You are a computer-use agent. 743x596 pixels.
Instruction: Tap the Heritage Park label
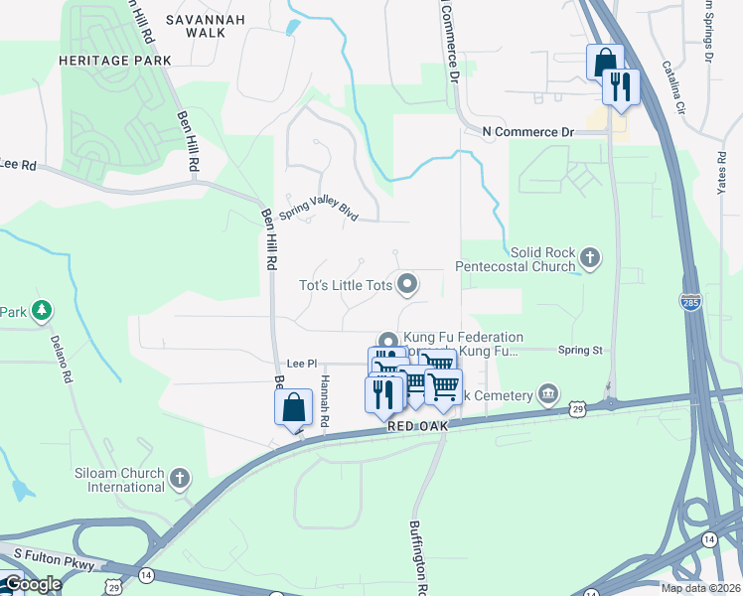[x=115, y=61]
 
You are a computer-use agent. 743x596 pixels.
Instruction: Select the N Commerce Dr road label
[x=528, y=132]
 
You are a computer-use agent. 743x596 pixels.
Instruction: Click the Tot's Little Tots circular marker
[x=407, y=286]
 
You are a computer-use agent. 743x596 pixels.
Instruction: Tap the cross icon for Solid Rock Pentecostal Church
[x=590, y=259]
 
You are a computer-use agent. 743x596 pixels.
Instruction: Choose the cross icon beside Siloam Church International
[x=180, y=479]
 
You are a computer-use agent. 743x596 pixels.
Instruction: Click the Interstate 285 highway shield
[x=691, y=300]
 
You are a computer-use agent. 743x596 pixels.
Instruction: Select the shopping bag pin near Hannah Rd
[x=293, y=407]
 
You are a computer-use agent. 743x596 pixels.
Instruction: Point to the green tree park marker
[x=41, y=312]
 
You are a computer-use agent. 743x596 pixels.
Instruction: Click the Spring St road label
[x=580, y=351]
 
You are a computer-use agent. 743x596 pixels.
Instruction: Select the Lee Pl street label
[x=300, y=365]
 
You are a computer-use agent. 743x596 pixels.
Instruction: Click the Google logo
[x=32, y=584]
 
